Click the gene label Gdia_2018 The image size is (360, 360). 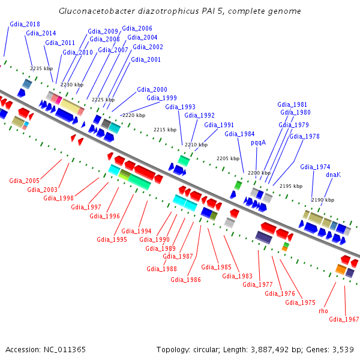click(x=25, y=24)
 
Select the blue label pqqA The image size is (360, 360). click(x=258, y=143)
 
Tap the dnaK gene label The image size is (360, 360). click(x=333, y=175)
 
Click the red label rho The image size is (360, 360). click(x=323, y=311)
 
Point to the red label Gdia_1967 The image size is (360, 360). click(x=344, y=319)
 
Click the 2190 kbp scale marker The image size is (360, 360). click(x=323, y=200)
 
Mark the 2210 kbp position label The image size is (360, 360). click(x=196, y=145)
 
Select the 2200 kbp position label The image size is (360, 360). click(x=259, y=173)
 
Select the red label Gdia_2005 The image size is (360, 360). click(x=24, y=181)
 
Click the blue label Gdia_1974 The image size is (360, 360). click(x=315, y=167)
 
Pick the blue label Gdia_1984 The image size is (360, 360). click(x=239, y=134)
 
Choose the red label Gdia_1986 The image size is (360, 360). click(x=185, y=279)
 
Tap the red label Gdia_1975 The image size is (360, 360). click(x=300, y=302)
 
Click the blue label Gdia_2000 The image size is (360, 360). click(x=152, y=89)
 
